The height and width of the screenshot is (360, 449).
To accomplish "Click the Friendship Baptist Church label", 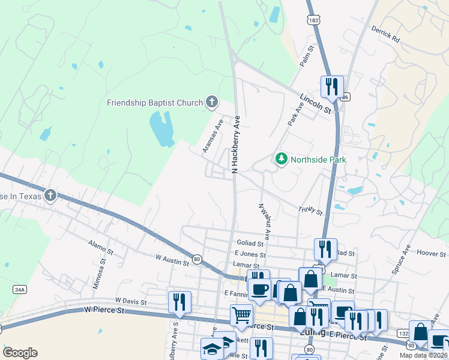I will click(x=155, y=103).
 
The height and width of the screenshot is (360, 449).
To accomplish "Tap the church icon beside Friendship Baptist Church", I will click(x=211, y=102).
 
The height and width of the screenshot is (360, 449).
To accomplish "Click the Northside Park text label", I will click(x=319, y=160).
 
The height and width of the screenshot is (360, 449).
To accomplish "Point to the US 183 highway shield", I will click(x=313, y=20).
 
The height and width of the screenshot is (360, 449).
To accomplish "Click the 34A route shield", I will click(x=20, y=289).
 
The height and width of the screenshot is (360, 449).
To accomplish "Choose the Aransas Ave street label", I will click(x=212, y=136).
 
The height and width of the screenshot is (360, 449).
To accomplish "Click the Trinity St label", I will click(x=311, y=211).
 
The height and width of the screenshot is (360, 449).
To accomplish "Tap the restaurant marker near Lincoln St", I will click(x=331, y=86).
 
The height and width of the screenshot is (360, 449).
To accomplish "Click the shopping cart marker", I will click(x=241, y=314).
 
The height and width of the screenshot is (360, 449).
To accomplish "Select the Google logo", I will click(x=20, y=353).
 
